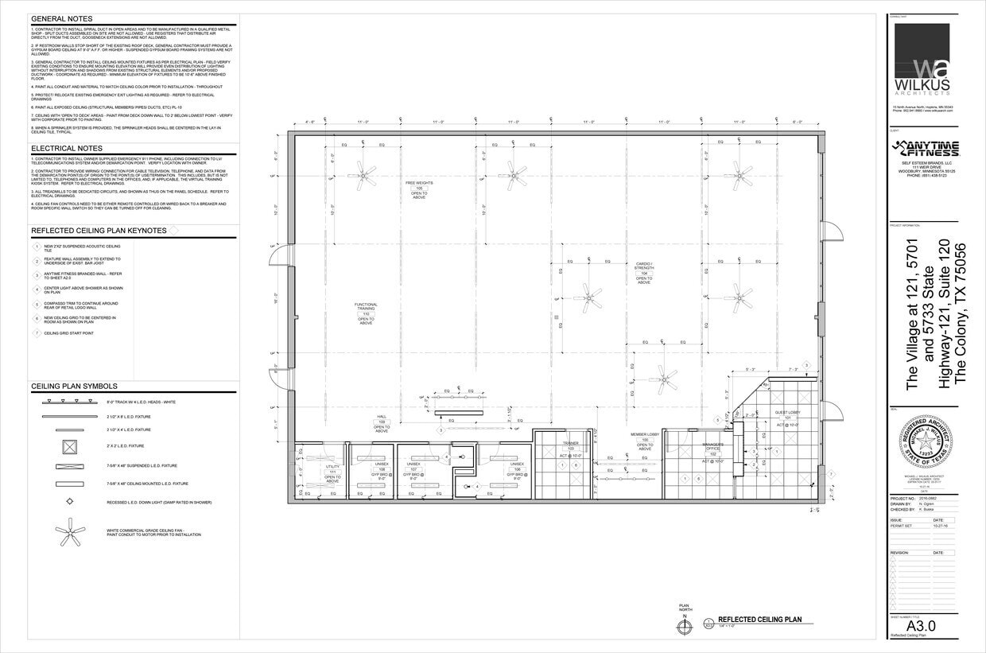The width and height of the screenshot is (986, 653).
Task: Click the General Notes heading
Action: click(x=61, y=18)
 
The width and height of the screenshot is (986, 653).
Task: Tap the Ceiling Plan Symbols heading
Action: click(x=76, y=386)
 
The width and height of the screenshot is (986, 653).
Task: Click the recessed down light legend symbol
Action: click(x=69, y=502)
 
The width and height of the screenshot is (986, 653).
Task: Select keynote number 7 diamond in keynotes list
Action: click(x=36, y=333)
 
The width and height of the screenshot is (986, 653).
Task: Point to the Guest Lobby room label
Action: click(x=788, y=414)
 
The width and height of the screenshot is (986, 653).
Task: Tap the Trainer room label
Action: click(x=570, y=446)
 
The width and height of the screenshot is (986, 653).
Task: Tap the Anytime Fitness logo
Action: click(x=926, y=149)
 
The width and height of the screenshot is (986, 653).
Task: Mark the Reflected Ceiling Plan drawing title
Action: click(x=759, y=619)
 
